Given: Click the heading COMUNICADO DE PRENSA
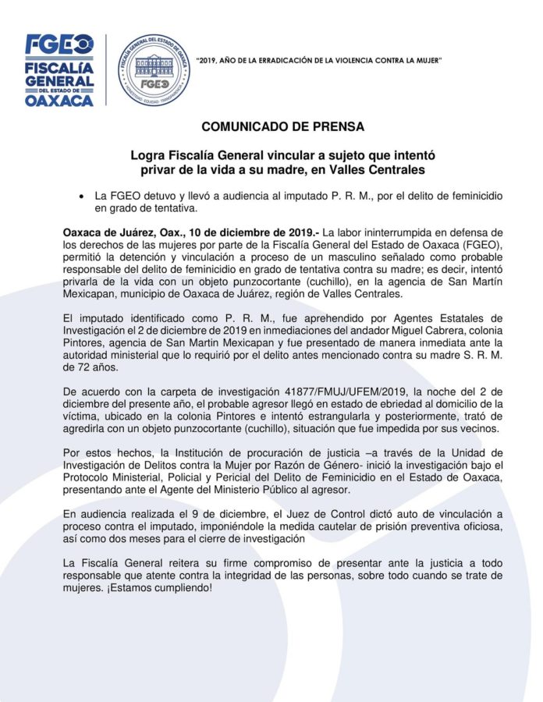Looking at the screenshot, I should (282, 126).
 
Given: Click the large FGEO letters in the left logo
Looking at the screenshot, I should (59, 45).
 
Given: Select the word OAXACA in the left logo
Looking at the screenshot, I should (59, 101).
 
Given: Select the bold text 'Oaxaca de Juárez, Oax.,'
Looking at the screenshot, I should (118, 232).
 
